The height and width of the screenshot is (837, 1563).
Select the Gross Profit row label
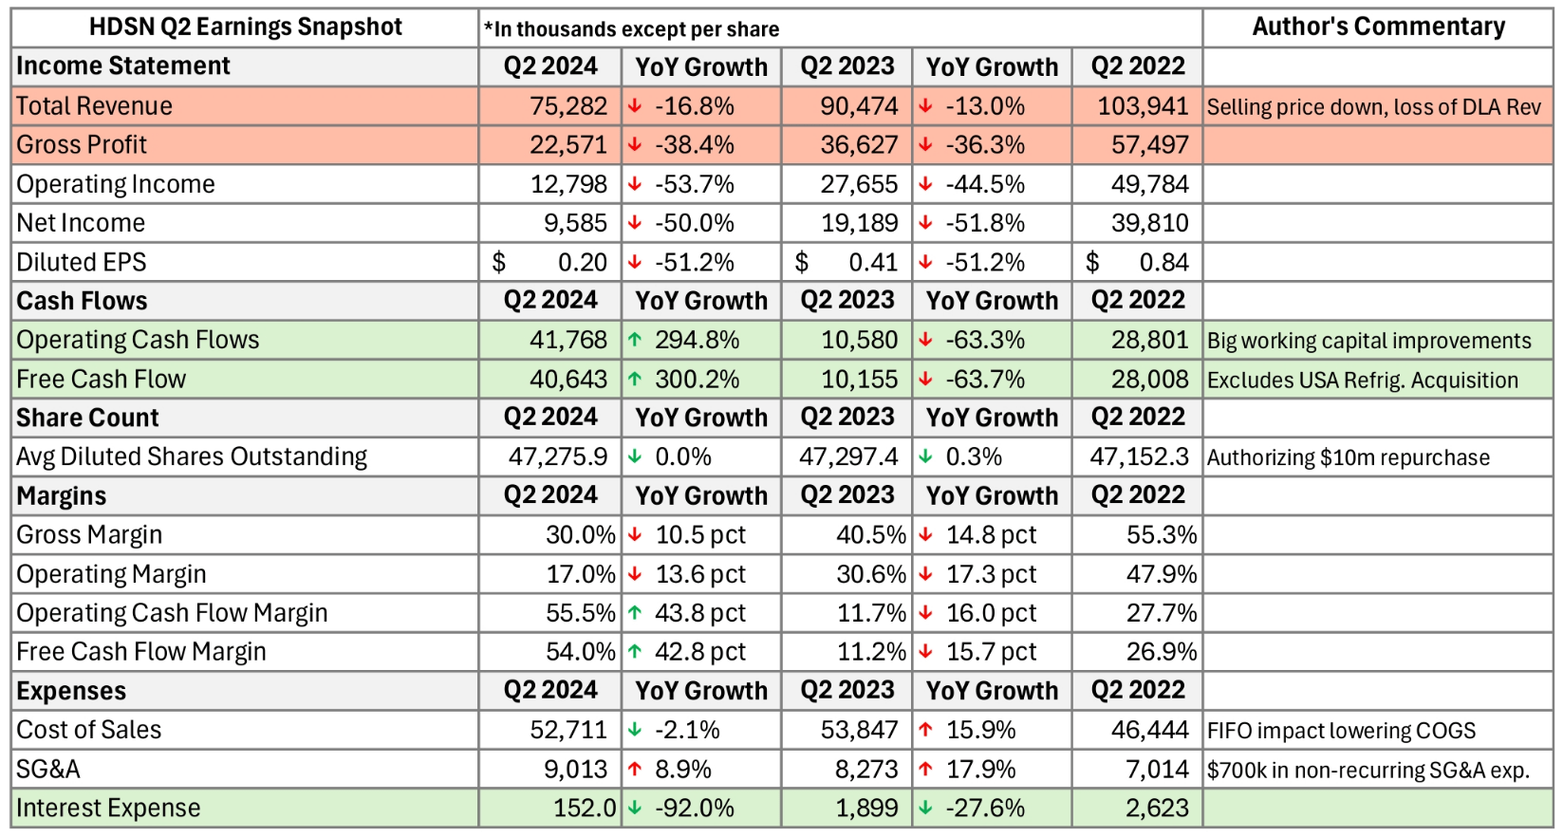pos(82,145)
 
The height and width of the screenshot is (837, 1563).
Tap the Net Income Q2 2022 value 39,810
pos(1149,223)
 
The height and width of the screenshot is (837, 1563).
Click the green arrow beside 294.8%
pos(635,340)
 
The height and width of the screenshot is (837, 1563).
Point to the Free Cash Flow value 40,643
pos(568,380)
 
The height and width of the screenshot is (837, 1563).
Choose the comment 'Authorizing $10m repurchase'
pos(1348,457)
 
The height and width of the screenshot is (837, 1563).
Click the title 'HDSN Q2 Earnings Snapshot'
pos(245,28)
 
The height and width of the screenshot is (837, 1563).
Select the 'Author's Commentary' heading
pos(1378,28)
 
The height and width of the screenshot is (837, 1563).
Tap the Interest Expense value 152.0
pos(584,809)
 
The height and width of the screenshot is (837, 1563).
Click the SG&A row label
pos(48,770)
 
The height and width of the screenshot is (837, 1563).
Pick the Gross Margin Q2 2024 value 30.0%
pos(580,535)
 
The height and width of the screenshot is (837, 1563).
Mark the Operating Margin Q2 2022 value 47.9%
pos(1162,574)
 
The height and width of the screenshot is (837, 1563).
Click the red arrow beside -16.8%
pos(635,106)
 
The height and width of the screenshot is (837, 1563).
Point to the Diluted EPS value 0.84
pos(1163,263)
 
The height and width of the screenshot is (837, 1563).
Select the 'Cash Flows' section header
pos(83,301)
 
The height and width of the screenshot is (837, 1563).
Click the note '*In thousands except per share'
pos(631,29)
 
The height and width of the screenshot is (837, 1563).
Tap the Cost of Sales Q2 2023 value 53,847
pos(859,730)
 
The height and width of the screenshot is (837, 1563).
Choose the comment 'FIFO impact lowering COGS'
pos(1341,731)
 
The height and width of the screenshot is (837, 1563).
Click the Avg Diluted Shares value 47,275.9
pos(557,457)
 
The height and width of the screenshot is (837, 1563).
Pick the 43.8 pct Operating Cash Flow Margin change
pos(700,613)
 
